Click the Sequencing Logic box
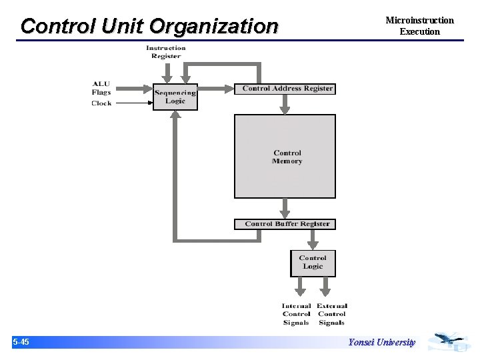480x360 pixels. (x=175, y=97)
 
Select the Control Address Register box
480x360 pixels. (x=287, y=89)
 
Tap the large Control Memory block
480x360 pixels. (x=285, y=157)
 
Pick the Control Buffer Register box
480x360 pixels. (x=285, y=224)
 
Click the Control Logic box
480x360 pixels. (x=313, y=263)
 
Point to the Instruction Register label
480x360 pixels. (x=165, y=52)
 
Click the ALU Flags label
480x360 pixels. (x=101, y=88)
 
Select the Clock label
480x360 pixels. (x=101, y=103)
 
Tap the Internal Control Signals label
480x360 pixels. (x=296, y=315)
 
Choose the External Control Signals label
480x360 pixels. (x=332, y=315)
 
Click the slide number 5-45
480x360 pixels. (x=21, y=342)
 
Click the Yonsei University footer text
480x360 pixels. (x=381, y=343)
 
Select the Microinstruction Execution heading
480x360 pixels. (x=419, y=26)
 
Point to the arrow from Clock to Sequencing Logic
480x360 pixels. (x=132, y=103)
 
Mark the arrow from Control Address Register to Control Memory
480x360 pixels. (x=285, y=104)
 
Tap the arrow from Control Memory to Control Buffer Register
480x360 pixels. (x=285, y=208)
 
